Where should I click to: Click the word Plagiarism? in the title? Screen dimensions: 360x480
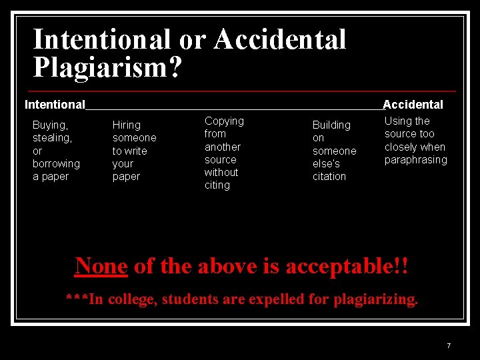point(107,67)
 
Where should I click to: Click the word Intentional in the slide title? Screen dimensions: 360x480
point(102,39)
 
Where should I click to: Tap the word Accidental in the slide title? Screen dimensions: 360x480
point(280,39)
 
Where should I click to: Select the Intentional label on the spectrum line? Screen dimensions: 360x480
point(55,105)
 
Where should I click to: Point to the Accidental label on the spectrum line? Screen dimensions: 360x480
point(413,105)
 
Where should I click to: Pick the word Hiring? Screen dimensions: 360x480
point(127,125)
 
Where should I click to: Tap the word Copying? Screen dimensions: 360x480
point(224,121)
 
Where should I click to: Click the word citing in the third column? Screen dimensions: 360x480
point(217,185)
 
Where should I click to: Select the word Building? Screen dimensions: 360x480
point(331,125)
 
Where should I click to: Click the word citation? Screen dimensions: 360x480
point(329,177)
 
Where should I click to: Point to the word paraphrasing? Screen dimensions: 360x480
point(416,160)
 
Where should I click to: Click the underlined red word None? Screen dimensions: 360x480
point(101,266)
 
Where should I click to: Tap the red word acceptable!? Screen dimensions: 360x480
point(347,266)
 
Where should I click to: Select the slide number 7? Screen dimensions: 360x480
point(449,346)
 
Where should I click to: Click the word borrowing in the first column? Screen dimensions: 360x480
point(56,164)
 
